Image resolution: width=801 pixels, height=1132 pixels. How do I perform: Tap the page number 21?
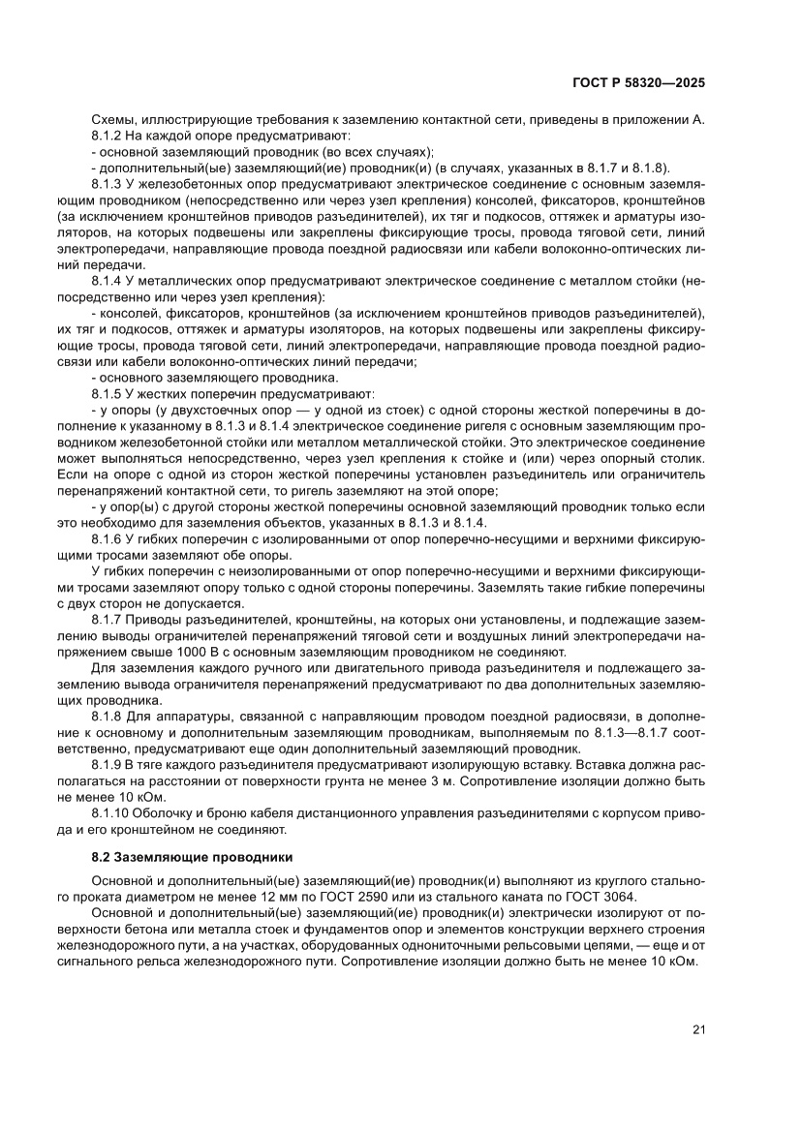[x=698, y=1029]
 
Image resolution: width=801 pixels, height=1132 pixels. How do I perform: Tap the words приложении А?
[x=658, y=120]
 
